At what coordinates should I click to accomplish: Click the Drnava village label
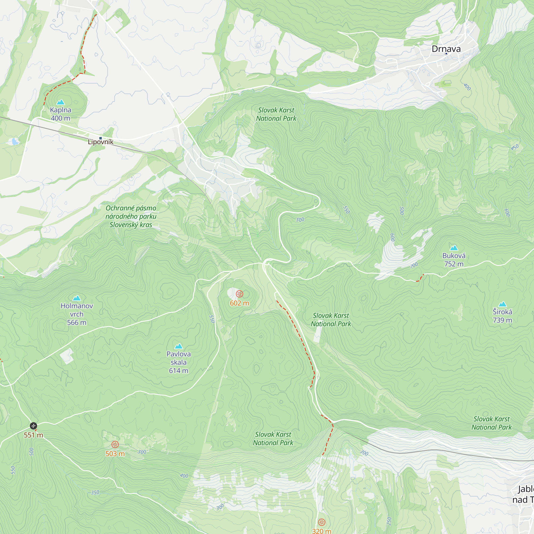(x=446, y=49)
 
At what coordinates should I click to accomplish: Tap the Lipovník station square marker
(x=101, y=138)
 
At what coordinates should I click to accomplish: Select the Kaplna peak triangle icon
(x=61, y=102)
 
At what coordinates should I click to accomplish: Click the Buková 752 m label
(x=454, y=260)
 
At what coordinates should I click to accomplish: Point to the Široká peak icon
(x=502, y=304)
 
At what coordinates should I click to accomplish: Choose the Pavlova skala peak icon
(x=179, y=346)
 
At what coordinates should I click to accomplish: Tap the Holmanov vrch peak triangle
(x=77, y=298)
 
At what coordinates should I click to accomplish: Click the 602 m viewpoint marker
(x=239, y=294)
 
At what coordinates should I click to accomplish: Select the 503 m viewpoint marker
(x=115, y=445)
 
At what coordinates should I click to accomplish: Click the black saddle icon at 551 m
(x=33, y=426)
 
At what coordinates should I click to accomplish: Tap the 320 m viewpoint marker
(x=321, y=522)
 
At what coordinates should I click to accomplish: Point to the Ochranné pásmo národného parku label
(x=131, y=216)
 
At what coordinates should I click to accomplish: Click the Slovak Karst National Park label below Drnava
(x=276, y=114)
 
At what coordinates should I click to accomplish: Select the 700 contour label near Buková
(x=414, y=266)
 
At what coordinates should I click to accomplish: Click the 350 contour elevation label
(x=95, y=492)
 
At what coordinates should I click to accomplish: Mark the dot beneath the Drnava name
(x=446, y=54)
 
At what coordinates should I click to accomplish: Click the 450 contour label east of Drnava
(x=515, y=147)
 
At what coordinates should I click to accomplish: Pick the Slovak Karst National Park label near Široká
(x=492, y=423)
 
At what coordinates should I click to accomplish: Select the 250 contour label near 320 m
(x=389, y=521)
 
